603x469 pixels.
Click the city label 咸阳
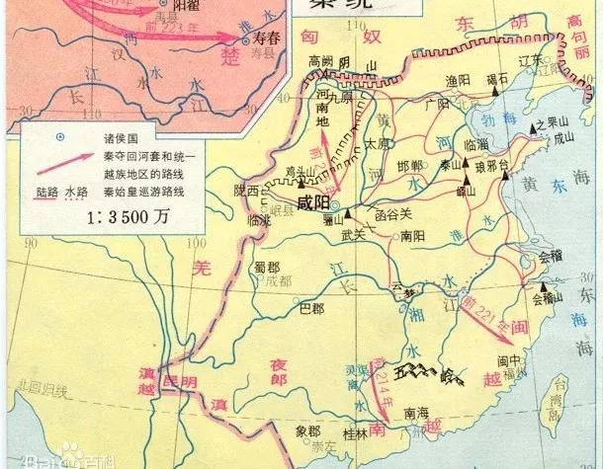[312, 202]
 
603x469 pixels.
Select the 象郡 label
[307, 431]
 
